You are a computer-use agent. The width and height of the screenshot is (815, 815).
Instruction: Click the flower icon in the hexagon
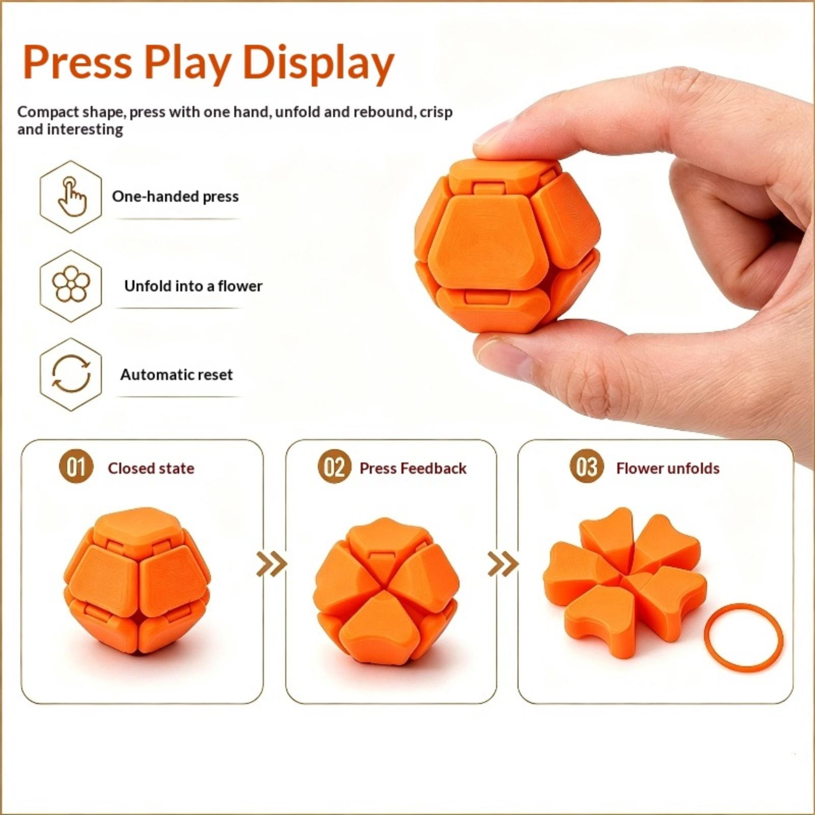[x=71, y=284]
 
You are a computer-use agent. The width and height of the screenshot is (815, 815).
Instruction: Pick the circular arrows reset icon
[x=71, y=374]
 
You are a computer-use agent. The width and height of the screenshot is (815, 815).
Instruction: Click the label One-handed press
[x=175, y=197]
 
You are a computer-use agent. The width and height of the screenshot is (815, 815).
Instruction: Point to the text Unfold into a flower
[x=193, y=286]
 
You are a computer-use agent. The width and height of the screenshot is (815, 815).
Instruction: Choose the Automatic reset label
[x=176, y=375]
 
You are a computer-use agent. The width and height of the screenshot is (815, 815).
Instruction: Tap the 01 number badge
[x=76, y=467]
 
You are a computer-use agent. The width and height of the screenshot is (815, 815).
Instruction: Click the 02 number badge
[x=334, y=467]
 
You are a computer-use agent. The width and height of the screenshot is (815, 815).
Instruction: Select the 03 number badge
[x=587, y=467]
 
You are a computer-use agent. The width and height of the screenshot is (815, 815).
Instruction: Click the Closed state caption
[x=151, y=468]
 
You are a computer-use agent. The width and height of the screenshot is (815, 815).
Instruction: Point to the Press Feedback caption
[x=413, y=468]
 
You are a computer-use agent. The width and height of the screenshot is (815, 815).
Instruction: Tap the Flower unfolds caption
[x=668, y=468]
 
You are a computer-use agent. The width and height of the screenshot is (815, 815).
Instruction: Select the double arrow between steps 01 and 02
[x=271, y=564]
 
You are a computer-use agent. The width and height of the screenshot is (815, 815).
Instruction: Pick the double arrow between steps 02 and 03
[x=503, y=564]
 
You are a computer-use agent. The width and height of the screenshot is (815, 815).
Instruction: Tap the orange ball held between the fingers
[x=507, y=246]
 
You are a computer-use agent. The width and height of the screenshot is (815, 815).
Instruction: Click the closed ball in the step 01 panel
[x=137, y=580]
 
